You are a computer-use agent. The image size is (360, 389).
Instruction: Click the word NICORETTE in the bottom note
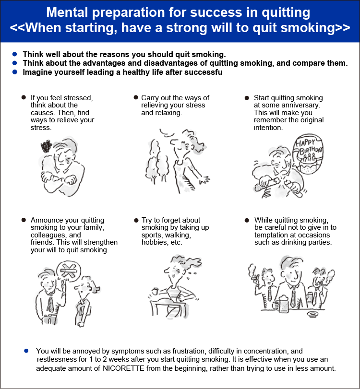click(x=123, y=368)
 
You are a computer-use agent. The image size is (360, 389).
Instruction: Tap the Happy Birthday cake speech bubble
click(x=308, y=154)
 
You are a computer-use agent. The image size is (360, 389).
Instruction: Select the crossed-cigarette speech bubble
click(x=69, y=271)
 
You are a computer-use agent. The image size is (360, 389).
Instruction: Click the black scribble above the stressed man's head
click(x=47, y=146)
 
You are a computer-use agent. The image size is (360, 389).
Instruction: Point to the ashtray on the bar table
click(x=312, y=314)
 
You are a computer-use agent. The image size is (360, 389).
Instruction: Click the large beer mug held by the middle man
click(x=282, y=304)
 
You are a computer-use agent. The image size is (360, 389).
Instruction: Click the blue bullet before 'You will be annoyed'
click(x=26, y=351)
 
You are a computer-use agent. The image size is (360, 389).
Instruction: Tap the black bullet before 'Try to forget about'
click(x=136, y=220)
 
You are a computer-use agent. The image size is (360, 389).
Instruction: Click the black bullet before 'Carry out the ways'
click(x=136, y=97)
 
